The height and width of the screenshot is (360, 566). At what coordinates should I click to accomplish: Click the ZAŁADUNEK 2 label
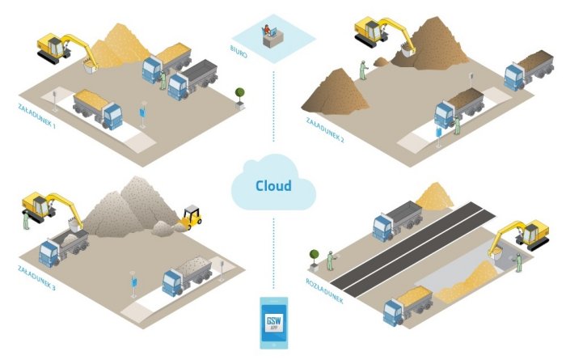tap(325, 129)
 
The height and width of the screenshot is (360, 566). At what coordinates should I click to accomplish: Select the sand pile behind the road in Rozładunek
tap(441, 196)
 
